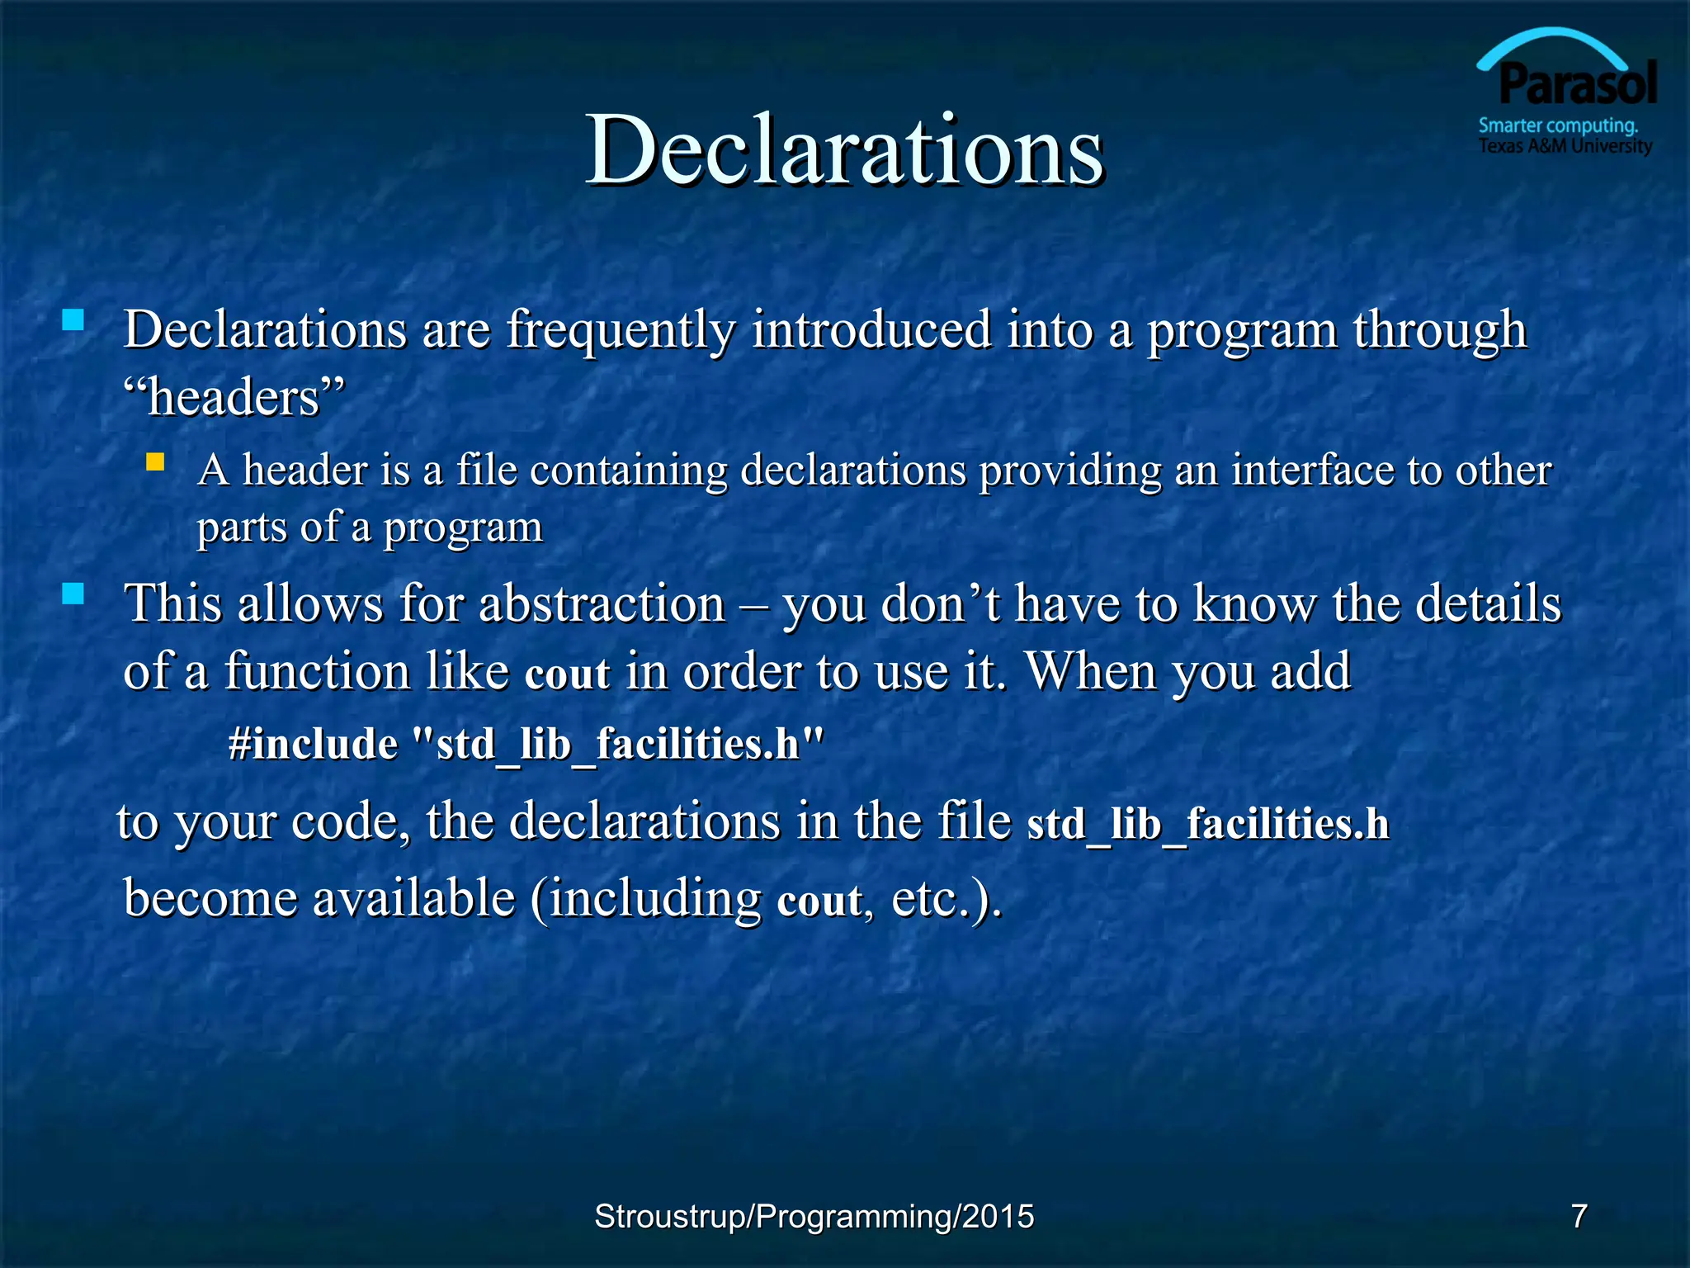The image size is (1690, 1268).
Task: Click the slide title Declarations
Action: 843,151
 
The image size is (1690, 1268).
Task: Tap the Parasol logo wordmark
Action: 1577,84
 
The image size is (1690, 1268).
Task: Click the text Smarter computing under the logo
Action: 1557,126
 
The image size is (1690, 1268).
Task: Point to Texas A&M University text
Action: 1565,146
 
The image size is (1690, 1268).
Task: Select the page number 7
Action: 1579,1216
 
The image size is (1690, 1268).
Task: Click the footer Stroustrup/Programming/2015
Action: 814,1217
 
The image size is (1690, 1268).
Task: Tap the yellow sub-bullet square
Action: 155,461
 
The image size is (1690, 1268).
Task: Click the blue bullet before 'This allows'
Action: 73,594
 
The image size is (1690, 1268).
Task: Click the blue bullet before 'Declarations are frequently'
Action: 73,319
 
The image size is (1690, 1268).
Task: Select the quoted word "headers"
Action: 234,397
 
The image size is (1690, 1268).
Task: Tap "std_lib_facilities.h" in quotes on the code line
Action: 617,743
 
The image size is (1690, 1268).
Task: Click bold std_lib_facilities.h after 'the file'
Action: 1207,824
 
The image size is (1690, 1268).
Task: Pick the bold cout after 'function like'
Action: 567,673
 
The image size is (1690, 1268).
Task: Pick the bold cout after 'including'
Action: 820,900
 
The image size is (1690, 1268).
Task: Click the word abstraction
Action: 602,603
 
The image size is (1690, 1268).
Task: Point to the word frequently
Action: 621,330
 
